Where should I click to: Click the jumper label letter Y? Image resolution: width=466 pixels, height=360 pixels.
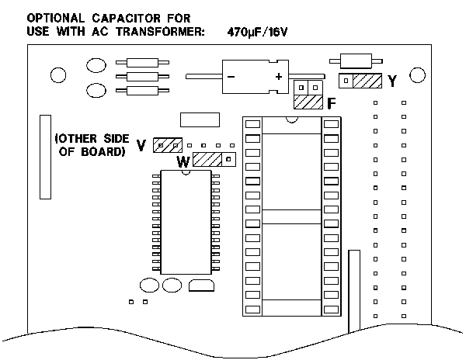pyautogui.click(x=392, y=80)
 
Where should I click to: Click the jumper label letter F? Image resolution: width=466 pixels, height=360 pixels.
pyautogui.click(x=332, y=102)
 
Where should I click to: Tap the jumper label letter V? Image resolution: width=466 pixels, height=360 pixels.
pyautogui.click(x=141, y=145)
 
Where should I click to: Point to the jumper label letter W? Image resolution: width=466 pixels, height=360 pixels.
pyautogui.click(x=183, y=161)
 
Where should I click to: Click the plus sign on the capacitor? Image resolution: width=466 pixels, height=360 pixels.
pyautogui.click(x=277, y=77)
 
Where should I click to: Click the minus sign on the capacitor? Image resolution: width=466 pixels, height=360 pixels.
pyautogui.click(x=231, y=77)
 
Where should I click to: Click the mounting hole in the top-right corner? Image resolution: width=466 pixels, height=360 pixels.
pyautogui.click(x=418, y=74)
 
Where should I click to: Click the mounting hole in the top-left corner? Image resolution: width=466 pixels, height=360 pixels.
pyautogui.click(x=57, y=75)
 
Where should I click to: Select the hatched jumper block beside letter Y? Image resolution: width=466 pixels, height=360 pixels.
pyautogui.click(x=366, y=81)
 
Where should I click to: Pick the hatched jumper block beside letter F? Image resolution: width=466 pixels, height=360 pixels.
pyautogui.click(x=308, y=102)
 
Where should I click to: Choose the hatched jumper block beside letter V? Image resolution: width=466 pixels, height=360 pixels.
pyautogui.click(x=167, y=145)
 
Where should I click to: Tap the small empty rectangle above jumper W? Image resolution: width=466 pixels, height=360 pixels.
pyautogui.click(x=196, y=119)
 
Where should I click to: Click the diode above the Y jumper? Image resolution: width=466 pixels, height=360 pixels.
pyautogui.click(x=353, y=61)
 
